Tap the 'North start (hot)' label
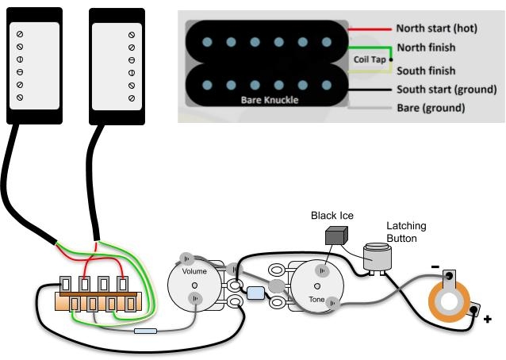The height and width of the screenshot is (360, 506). (435, 28)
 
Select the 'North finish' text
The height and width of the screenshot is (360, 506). (426, 48)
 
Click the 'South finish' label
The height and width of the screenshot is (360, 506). (426, 70)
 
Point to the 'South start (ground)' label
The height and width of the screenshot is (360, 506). (446, 89)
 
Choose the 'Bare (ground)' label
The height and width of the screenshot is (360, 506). (430, 107)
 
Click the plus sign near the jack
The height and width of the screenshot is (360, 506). (487, 320)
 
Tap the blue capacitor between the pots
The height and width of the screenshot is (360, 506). (255, 293)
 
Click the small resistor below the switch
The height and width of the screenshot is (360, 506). (146, 331)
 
